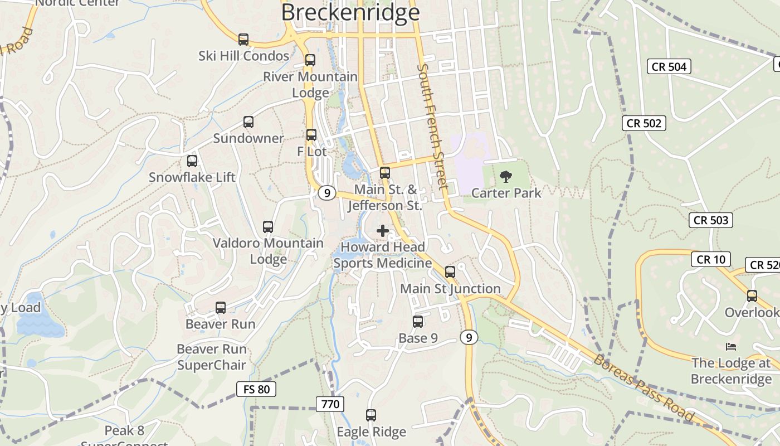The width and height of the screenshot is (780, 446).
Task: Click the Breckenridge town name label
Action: coord(350,12)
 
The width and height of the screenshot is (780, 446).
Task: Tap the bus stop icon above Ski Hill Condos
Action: coord(243,40)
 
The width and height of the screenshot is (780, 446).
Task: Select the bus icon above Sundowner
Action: coord(248,122)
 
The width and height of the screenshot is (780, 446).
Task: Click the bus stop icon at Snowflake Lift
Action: coord(192,161)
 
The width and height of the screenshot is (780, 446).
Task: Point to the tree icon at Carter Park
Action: coord(506,177)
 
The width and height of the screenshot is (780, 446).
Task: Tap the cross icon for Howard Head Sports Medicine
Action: coord(383,230)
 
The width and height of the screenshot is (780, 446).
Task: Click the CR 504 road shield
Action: coord(669,67)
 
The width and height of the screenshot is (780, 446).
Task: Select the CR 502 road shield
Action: coord(644,123)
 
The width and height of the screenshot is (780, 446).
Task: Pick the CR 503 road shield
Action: coord(711,220)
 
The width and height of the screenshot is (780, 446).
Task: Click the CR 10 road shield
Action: coord(710,259)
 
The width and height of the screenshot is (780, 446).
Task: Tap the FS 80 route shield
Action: coord(256,389)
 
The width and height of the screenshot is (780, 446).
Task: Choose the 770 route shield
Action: coord(330,404)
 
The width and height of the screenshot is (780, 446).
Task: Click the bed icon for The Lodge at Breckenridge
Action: coord(731,347)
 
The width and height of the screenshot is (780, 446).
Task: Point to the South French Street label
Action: coord(432,126)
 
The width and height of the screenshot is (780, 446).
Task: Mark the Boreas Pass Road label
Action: coord(643,388)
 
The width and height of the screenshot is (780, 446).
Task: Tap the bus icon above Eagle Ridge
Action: coord(371,415)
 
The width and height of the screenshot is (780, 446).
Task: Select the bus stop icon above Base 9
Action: coord(418,322)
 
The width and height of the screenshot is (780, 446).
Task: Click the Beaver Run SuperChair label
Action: coord(211,357)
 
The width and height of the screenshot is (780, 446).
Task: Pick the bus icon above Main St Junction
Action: coord(450,272)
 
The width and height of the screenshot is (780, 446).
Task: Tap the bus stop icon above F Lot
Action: coord(311,135)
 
